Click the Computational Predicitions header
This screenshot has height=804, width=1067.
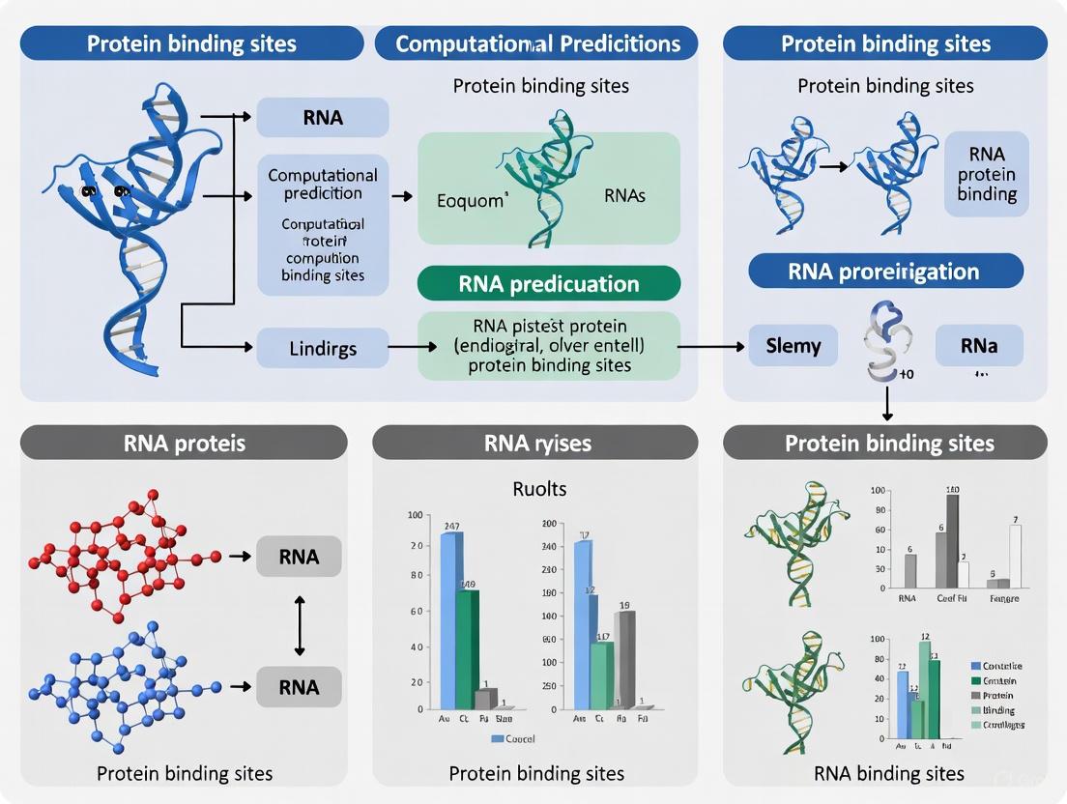537,43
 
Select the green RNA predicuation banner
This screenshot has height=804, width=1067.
548,284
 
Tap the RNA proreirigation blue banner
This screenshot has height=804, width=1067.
884,272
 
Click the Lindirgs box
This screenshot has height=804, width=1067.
323,347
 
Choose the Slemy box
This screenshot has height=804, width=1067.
793,346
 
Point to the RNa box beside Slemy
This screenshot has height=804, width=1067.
979,346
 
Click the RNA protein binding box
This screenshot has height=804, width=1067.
986,174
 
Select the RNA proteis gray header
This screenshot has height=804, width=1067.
185,443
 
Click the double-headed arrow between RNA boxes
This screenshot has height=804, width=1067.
299,623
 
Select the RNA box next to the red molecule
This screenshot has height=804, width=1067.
299,557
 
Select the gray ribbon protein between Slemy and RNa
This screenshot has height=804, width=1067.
880,346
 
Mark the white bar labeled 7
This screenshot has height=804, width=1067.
1015,555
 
